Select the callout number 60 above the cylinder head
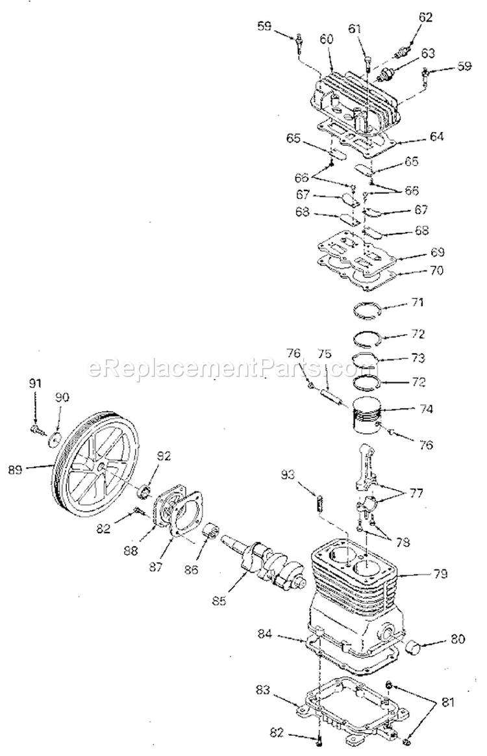[x=326, y=39]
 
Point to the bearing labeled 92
[x=147, y=488]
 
